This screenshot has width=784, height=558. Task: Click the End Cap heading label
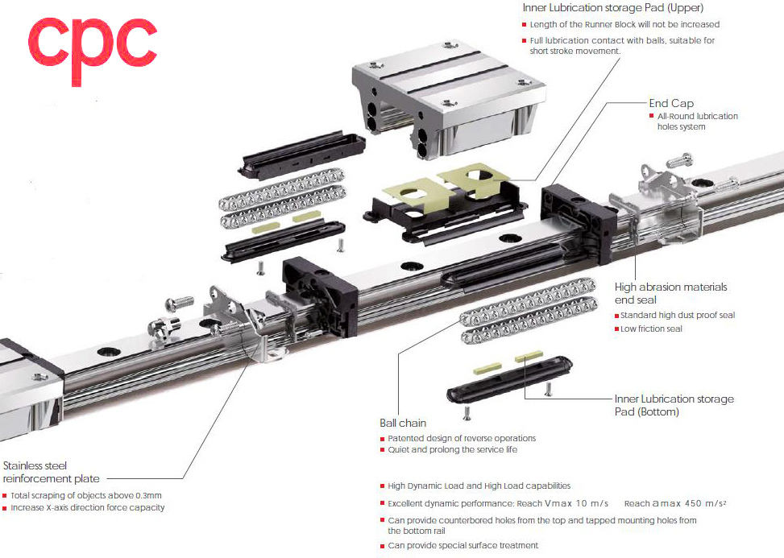[x=671, y=103]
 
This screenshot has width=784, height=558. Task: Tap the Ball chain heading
[x=403, y=423]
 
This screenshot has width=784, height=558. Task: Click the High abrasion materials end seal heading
[x=670, y=293]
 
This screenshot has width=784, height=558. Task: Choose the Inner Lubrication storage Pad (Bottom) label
[x=674, y=405]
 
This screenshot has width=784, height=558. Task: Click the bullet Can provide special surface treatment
[x=463, y=545]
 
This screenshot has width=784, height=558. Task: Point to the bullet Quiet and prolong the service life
[x=452, y=450]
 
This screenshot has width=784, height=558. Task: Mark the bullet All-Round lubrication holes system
[x=697, y=122]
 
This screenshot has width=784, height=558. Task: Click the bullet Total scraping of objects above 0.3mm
[x=86, y=495]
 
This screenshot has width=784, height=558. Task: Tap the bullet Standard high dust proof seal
[x=678, y=315]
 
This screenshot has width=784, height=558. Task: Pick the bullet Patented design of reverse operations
[x=461, y=438]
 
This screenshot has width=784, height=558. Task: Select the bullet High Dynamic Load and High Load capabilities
[x=479, y=486]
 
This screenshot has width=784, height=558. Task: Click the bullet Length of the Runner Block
[x=624, y=25]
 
